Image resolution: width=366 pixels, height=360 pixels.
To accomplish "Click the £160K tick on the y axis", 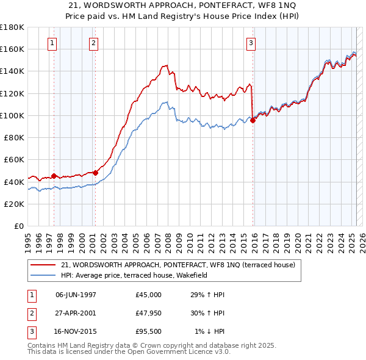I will click(x=13, y=49).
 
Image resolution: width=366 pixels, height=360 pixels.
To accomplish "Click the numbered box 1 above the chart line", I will click(x=52, y=43).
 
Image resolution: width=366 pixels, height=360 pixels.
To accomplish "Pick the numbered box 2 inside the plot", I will click(x=93, y=43).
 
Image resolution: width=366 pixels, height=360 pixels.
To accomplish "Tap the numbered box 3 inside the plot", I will click(x=251, y=43).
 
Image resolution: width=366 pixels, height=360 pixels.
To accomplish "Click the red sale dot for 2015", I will click(x=253, y=120).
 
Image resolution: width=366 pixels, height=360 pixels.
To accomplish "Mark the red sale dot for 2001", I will click(x=95, y=173).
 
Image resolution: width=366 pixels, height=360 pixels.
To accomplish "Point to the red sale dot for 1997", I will click(x=54, y=176).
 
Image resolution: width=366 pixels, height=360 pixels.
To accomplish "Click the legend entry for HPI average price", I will click(x=134, y=275).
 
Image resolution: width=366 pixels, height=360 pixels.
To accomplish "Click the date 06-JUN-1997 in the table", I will click(x=76, y=295).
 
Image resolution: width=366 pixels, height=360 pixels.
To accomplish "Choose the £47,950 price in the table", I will click(x=149, y=313).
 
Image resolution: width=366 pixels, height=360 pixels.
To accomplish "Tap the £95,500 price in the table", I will click(x=149, y=331).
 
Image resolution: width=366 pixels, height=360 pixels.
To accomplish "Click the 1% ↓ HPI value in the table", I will click(x=209, y=331).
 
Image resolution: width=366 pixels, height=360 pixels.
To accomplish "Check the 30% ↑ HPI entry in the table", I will click(x=208, y=313).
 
